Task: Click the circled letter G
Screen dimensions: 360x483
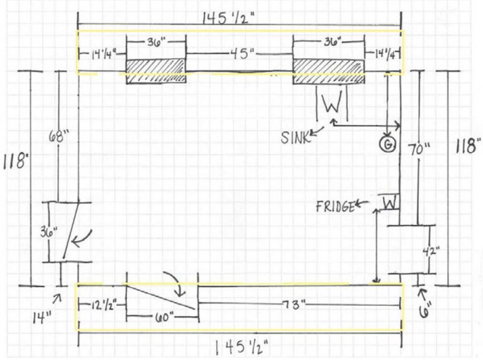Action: pyautogui.click(x=388, y=145)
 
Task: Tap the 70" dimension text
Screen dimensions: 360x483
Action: pyautogui.click(x=418, y=150)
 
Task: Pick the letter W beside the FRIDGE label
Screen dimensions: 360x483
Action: pyautogui.click(x=390, y=204)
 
